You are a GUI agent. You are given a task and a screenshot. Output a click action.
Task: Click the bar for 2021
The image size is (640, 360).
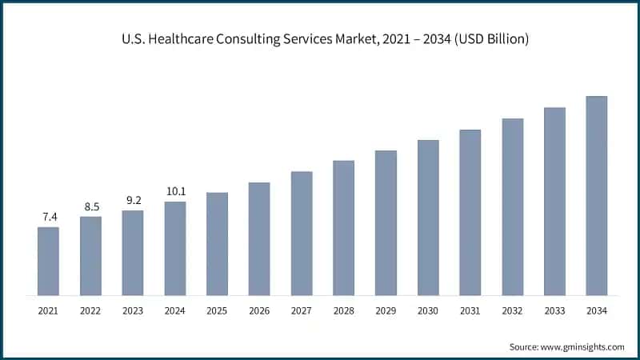[x=48, y=262]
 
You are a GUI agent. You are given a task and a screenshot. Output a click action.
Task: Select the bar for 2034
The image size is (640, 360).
[x=596, y=196]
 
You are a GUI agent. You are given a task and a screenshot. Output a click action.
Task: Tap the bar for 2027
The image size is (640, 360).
[x=302, y=234]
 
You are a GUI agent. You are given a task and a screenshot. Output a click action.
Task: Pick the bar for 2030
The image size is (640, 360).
[x=428, y=218]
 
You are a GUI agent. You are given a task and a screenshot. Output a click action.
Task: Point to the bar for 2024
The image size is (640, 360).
[x=175, y=249]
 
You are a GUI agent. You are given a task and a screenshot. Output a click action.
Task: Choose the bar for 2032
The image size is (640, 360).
[x=512, y=207]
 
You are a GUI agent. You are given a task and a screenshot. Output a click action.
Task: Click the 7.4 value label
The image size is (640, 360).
[x=48, y=217]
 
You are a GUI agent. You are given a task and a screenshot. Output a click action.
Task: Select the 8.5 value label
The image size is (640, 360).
[x=90, y=206]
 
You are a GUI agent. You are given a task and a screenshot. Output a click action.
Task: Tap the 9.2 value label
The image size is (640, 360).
[x=133, y=201]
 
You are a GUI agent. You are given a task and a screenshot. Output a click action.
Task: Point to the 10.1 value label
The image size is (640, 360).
[x=175, y=191]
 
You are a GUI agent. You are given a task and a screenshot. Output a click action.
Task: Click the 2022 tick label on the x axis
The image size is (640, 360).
[x=90, y=310]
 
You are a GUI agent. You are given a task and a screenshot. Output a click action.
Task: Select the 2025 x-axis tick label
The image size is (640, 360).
[x=217, y=310]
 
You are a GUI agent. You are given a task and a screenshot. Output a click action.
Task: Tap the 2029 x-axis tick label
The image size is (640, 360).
[x=386, y=310]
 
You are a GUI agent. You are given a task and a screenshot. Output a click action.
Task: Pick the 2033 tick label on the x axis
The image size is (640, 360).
[x=554, y=310]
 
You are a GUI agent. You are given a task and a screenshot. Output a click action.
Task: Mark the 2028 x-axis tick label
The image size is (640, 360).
[x=343, y=310]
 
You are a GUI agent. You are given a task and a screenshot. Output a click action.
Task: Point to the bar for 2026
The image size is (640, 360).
[x=259, y=239]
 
